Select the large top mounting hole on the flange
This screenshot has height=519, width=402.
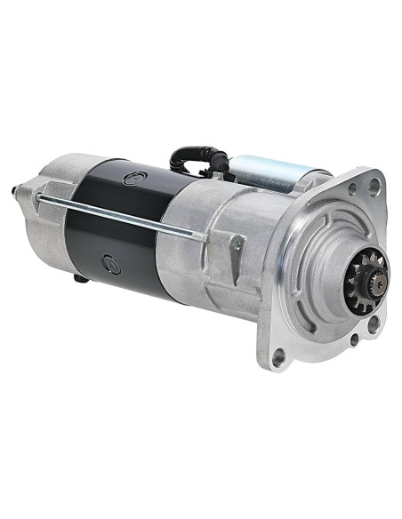[375, 185]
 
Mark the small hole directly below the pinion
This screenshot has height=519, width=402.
[354, 339]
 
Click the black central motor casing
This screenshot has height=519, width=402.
[116, 222]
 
